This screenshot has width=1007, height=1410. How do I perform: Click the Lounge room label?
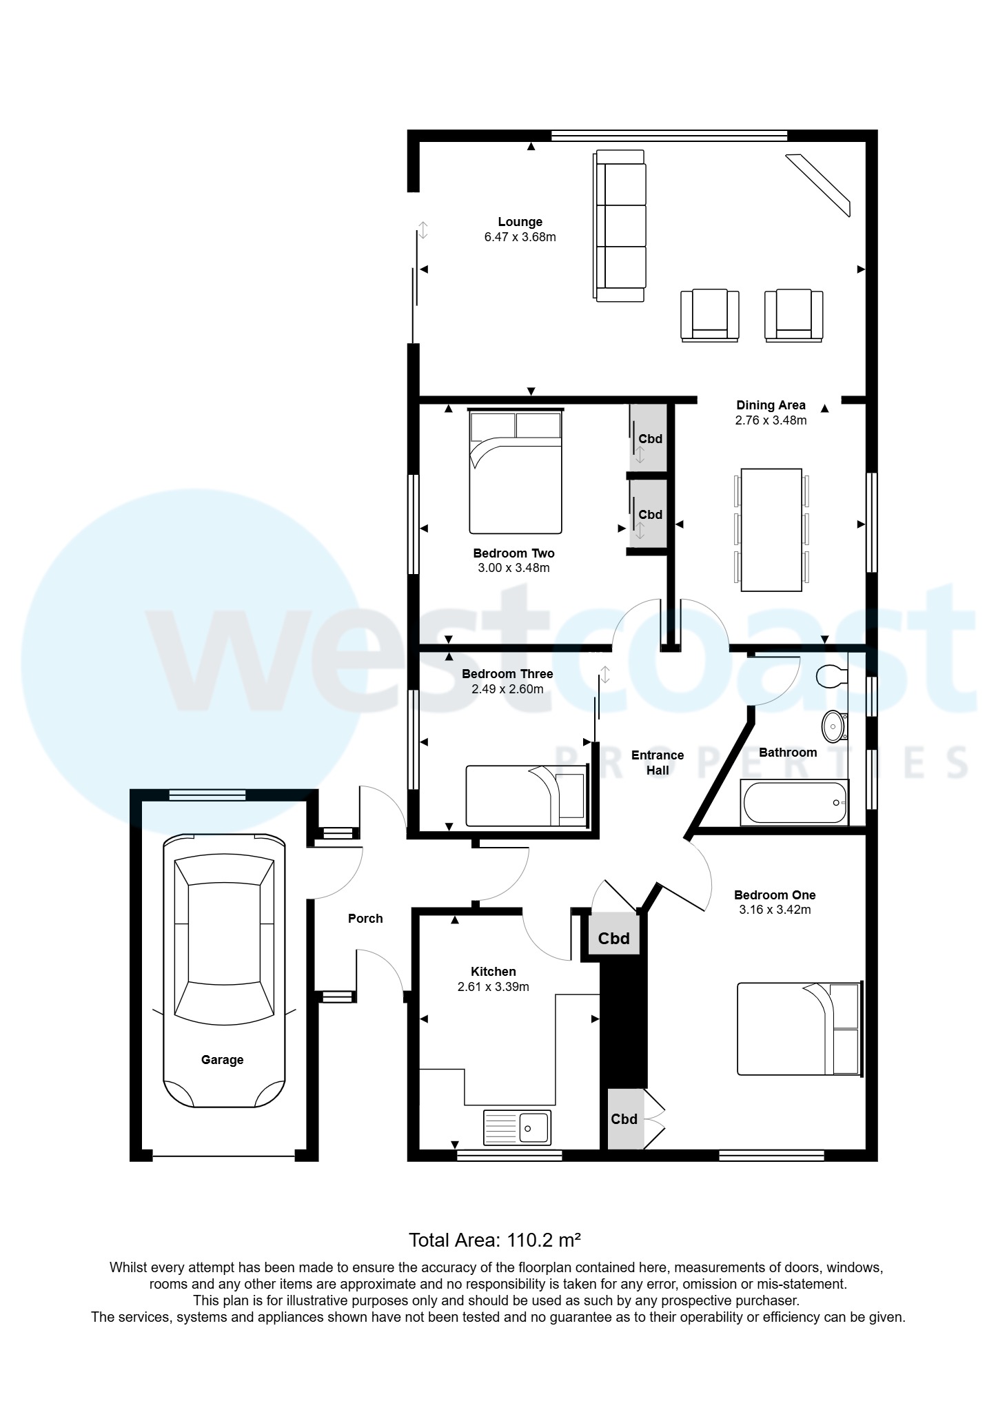(520, 222)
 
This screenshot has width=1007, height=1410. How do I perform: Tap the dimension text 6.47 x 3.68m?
(520, 237)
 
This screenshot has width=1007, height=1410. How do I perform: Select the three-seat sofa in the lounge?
(620, 226)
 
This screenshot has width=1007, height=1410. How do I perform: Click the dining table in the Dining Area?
(771, 530)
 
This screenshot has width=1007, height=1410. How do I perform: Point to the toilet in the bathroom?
(831, 675)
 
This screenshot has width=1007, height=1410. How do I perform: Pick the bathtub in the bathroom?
(793, 802)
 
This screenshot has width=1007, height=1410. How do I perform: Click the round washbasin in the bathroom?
(834, 726)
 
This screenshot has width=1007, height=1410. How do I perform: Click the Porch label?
(365, 919)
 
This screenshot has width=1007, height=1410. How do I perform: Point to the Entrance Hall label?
(658, 763)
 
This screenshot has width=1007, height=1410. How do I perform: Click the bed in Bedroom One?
(798, 1030)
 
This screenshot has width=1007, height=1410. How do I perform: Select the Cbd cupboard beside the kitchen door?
(613, 938)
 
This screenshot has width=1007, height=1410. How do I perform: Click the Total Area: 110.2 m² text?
(495, 1240)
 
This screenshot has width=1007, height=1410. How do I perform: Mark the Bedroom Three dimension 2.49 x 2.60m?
(507, 689)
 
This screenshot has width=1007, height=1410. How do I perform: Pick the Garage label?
(222, 1060)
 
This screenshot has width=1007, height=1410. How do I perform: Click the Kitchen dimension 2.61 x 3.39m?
(493, 987)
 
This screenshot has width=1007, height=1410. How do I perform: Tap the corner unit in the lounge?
(819, 184)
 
